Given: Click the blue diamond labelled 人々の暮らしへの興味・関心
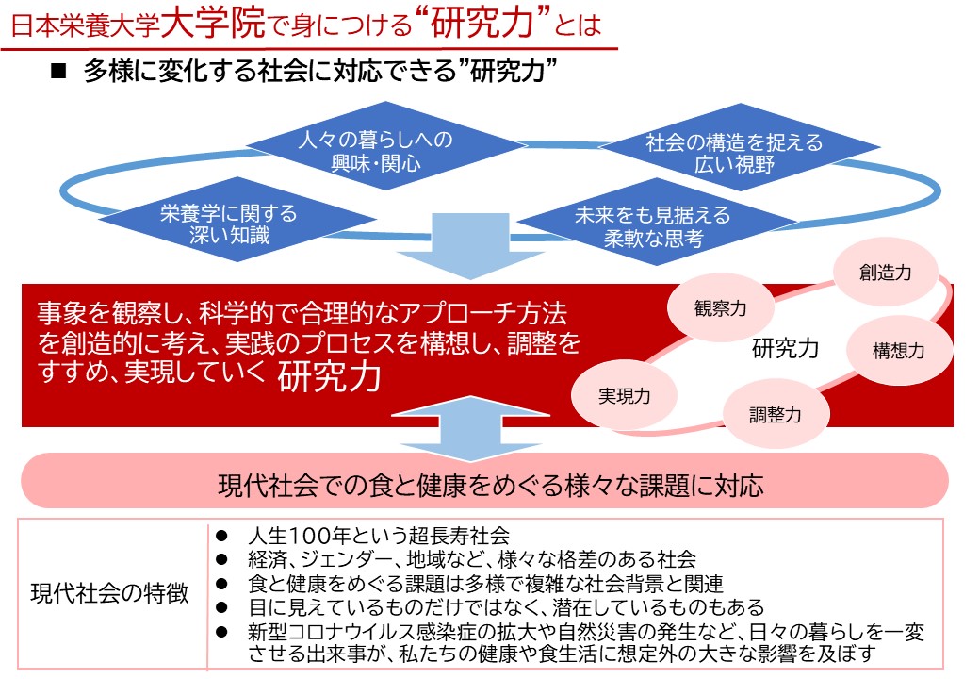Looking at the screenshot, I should (375, 151).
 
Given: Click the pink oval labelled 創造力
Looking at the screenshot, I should (885, 272).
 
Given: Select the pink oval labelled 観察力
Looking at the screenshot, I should (721, 307).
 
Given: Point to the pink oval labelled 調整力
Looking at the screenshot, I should (776, 412).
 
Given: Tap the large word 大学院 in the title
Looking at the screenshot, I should (211, 25).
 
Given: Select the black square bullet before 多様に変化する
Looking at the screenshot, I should (57, 74).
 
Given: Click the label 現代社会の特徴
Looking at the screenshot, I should (109, 593).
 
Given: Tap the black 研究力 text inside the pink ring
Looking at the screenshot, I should (785, 349).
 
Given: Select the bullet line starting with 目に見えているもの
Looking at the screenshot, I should (506, 606).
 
